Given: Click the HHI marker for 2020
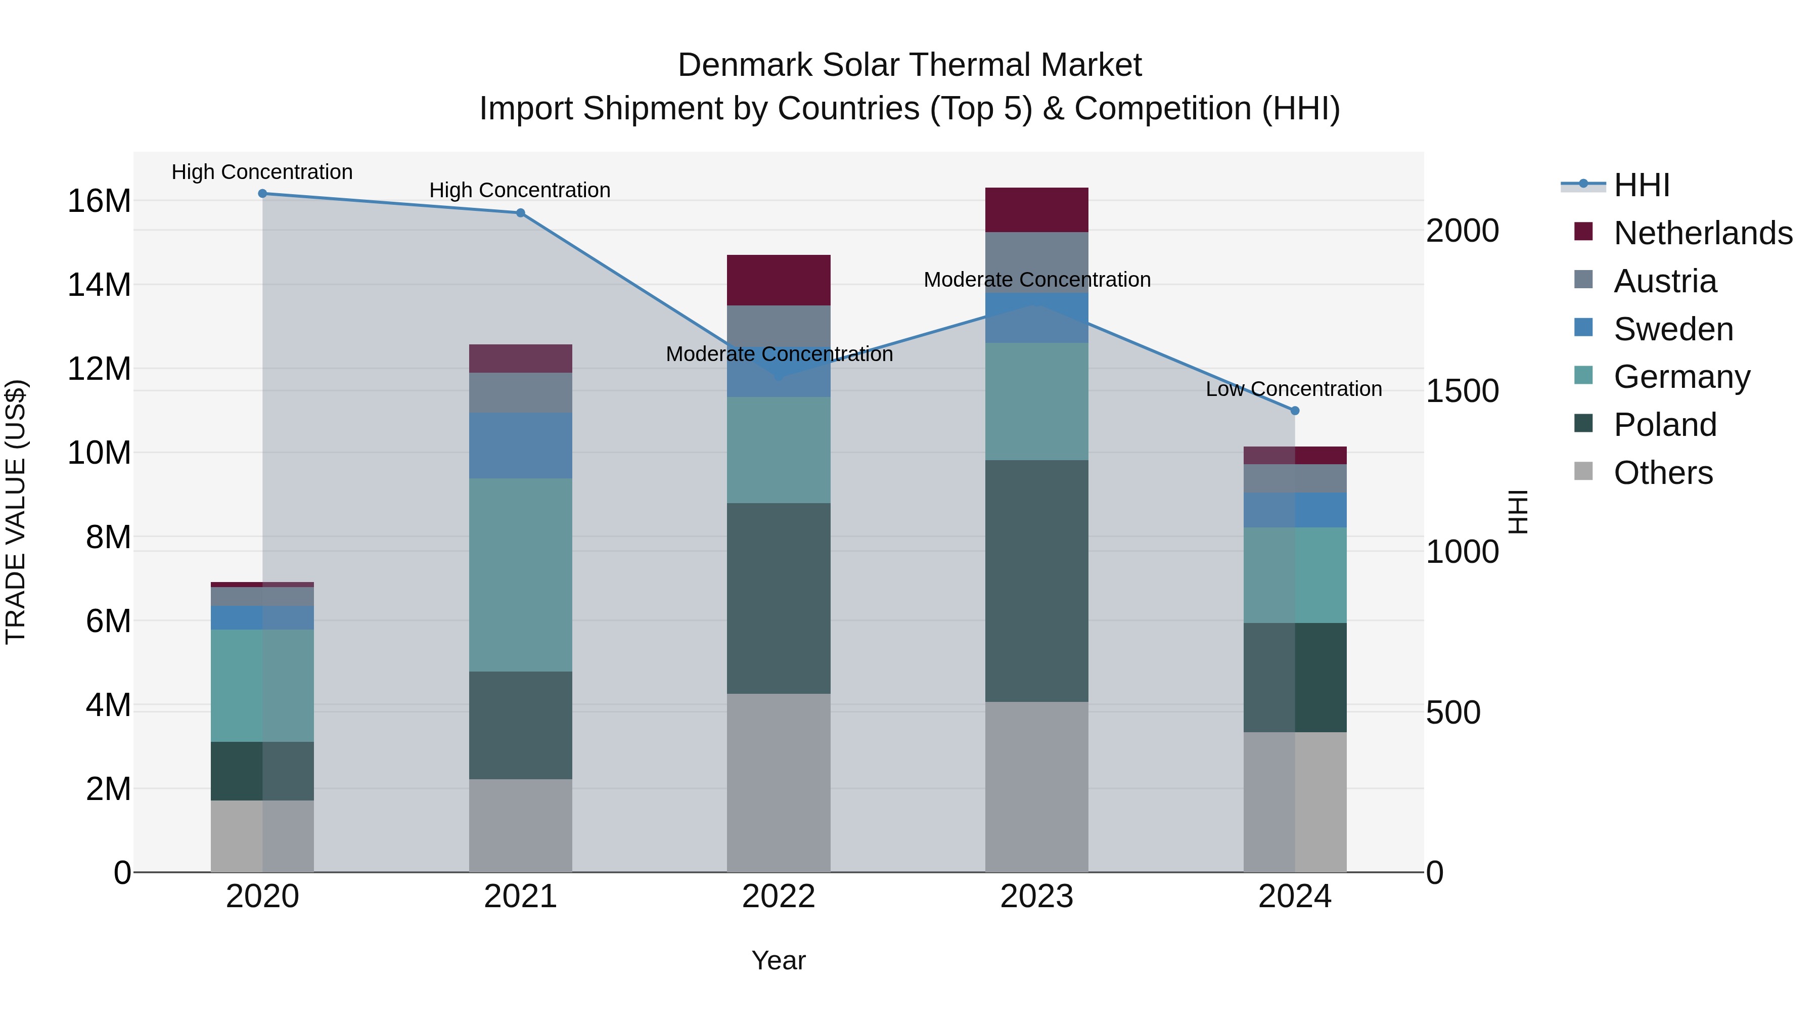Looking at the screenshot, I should click(x=262, y=193).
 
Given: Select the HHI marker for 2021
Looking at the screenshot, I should click(x=520, y=213).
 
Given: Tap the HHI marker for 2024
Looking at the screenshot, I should click(x=1294, y=411).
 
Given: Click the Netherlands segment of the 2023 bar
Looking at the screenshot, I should click(x=1036, y=210).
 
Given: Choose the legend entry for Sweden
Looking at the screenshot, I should click(x=1672, y=329).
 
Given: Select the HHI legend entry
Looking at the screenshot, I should click(x=1641, y=185).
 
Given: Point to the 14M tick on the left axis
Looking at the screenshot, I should click(x=99, y=285).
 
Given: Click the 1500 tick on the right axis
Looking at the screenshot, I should click(x=1462, y=391).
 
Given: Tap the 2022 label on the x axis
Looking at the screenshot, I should click(x=779, y=897).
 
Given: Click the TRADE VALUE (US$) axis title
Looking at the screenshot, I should click(x=16, y=512).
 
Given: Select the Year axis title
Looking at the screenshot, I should click(x=778, y=960).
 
